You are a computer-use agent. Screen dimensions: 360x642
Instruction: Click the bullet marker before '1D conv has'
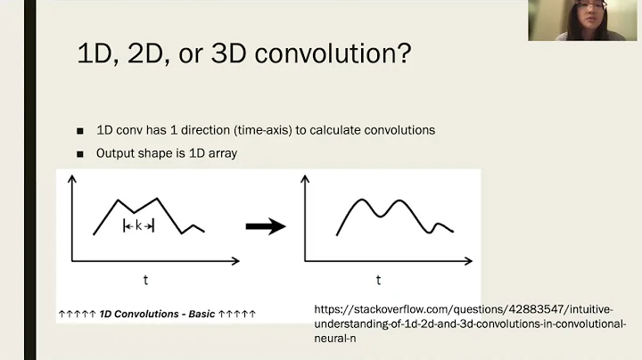pyautogui.click(x=80, y=130)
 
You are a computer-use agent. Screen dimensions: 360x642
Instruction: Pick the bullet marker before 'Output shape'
pyautogui.click(x=80, y=153)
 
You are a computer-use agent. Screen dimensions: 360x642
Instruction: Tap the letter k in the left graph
pyautogui.click(x=138, y=226)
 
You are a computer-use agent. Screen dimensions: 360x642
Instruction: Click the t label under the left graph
pyautogui.click(x=145, y=281)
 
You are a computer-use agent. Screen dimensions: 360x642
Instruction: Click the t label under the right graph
pyautogui.click(x=378, y=281)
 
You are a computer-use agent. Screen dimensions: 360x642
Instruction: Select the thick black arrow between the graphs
pyautogui.click(x=265, y=226)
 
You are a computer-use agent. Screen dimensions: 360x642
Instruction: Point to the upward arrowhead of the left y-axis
pyautogui.click(x=72, y=179)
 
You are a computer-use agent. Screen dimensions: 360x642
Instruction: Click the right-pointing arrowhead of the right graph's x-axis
pyautogui.click(x=467, y=261)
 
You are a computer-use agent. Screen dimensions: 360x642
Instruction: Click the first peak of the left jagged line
pyautogui.click(x=119, y=200)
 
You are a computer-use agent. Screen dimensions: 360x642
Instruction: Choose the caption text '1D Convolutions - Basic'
pyautogui.click(x=157, y=314)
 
